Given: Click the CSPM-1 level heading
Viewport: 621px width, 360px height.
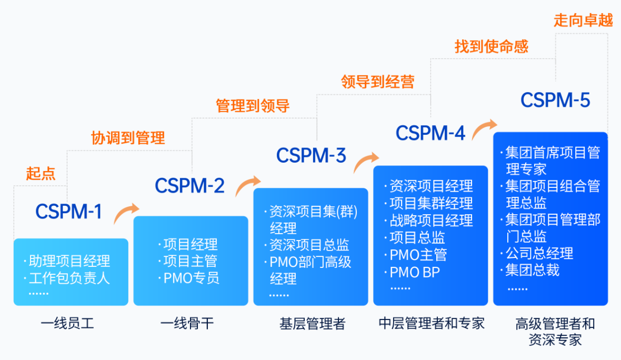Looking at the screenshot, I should [x=68, y=211].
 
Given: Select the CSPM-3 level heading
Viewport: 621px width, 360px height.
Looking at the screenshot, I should [x=311, y=155].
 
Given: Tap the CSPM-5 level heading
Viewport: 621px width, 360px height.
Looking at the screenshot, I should [x=555, y=100].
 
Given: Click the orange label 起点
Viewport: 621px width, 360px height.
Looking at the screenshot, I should [x=41, y=174].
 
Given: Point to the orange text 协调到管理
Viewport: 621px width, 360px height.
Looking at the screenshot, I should [x=128, y=138].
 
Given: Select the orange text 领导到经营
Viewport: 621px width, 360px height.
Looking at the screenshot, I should [x=377, y=82].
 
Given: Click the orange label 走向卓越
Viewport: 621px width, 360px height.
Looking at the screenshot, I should [x=583, y=21].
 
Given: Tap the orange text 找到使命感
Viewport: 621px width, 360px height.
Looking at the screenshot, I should [x=491, y=46].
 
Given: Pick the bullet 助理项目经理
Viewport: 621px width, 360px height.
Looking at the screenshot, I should [x=69, y=261].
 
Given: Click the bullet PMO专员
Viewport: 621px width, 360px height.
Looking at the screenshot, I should [x=191, y=278].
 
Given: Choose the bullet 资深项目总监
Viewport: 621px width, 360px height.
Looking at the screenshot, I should [x=309, y=245].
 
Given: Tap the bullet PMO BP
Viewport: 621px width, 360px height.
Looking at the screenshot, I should [x=414, y=272].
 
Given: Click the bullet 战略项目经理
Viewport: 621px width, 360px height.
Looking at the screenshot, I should [x=431, y=220].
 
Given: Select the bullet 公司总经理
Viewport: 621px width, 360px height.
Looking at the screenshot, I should [x=539, y=253].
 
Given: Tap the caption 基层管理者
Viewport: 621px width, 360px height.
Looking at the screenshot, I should [x=312, y=323].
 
